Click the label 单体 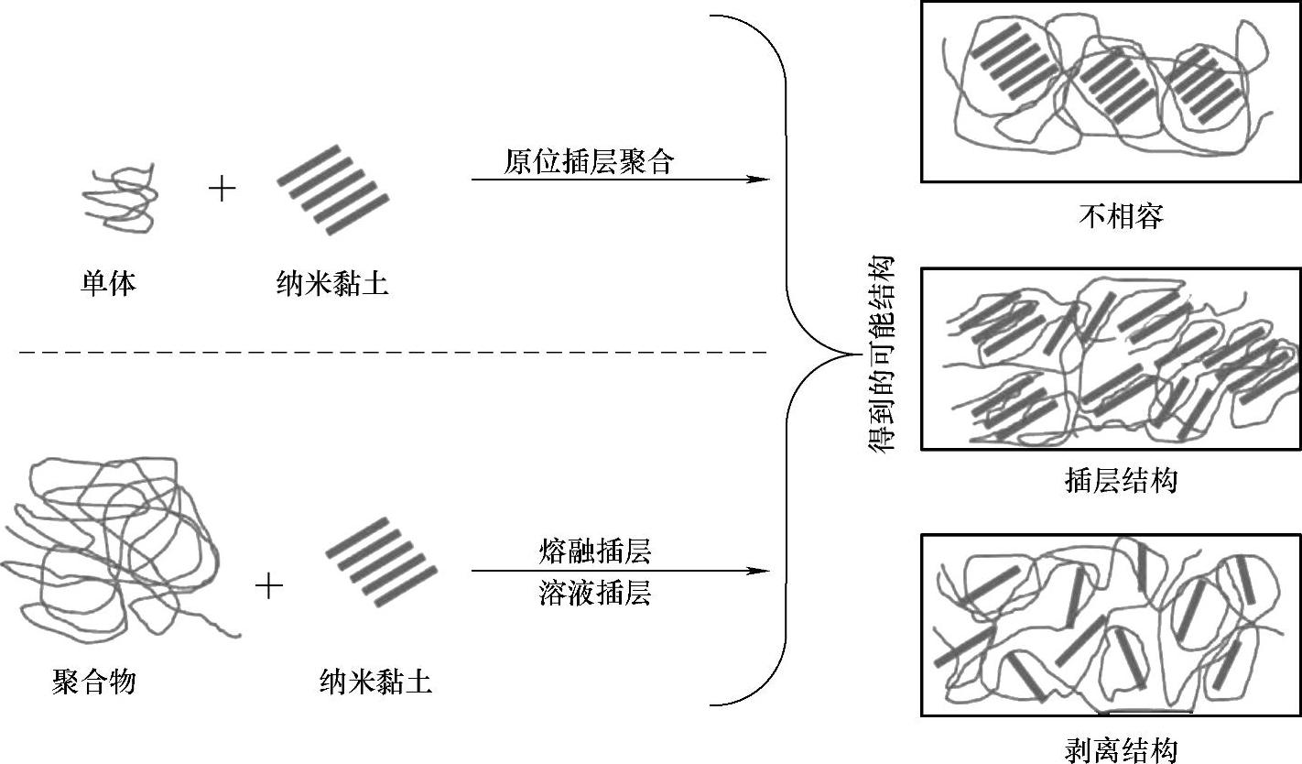coord(108,283)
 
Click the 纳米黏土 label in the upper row coord(331,283)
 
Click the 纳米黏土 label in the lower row coord(375,682)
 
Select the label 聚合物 coord(94,682)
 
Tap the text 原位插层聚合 coord(588,162)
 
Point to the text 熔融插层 coord(595,552)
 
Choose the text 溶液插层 coord(595,594)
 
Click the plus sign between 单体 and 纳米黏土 coord(222,189)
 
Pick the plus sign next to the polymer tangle coord(268,585)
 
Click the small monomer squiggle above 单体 coord(118,197)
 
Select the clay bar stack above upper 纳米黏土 coord(332,189)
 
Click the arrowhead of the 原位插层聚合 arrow coord(759,180)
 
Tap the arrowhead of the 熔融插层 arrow coord(759,571)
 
